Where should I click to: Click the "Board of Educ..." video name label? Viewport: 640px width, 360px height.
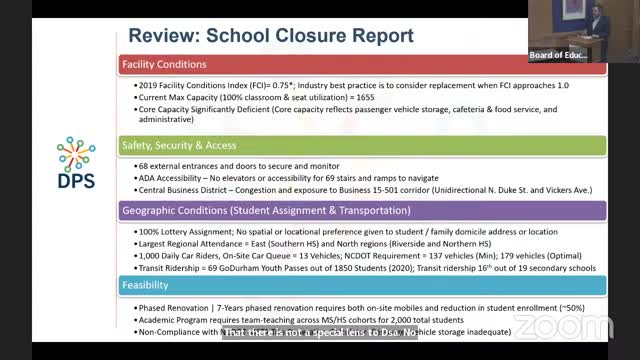click(x=558, y=55)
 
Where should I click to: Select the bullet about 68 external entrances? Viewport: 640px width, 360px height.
click(x=239, y=165)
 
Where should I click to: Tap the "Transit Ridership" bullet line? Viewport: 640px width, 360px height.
click(x=366, y=268)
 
